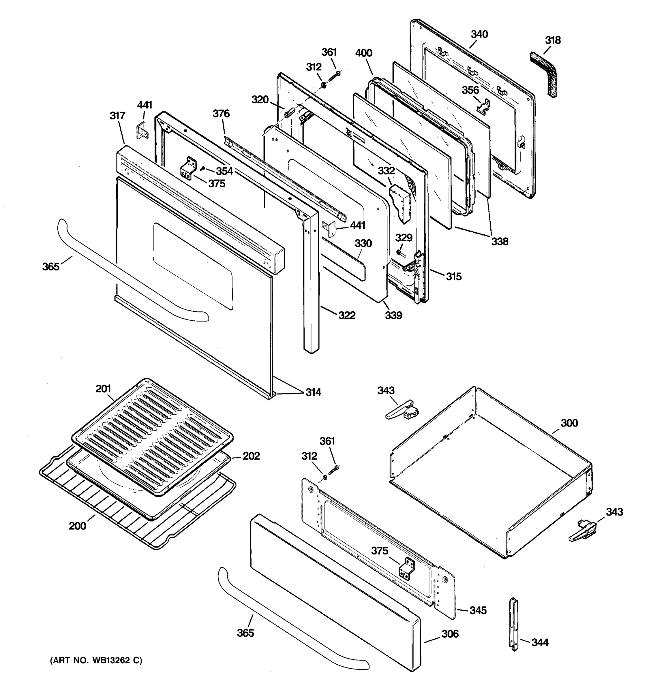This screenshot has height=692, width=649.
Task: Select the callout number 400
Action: [x=363, y=53]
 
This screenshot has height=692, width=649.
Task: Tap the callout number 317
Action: [x=117, y=116]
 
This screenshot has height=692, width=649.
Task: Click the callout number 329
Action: [x=404, y=238]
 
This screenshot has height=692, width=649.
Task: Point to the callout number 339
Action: [x=393, y=315]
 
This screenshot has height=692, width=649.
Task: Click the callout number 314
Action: [x=313, y=392]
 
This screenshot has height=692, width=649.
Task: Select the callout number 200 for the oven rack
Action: [x=77, y=526]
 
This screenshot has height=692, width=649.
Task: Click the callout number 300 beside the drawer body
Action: [x=569, y=423]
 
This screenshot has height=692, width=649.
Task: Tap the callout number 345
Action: [x=478, y=610]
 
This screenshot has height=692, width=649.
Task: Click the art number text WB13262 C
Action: [x=96, y=660]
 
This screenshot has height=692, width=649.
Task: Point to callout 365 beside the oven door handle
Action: [x=51, y=267]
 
